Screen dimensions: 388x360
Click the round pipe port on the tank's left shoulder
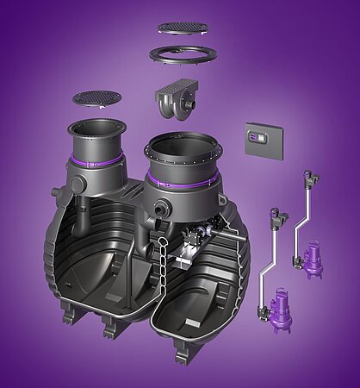77,185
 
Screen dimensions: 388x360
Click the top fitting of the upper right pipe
304,178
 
